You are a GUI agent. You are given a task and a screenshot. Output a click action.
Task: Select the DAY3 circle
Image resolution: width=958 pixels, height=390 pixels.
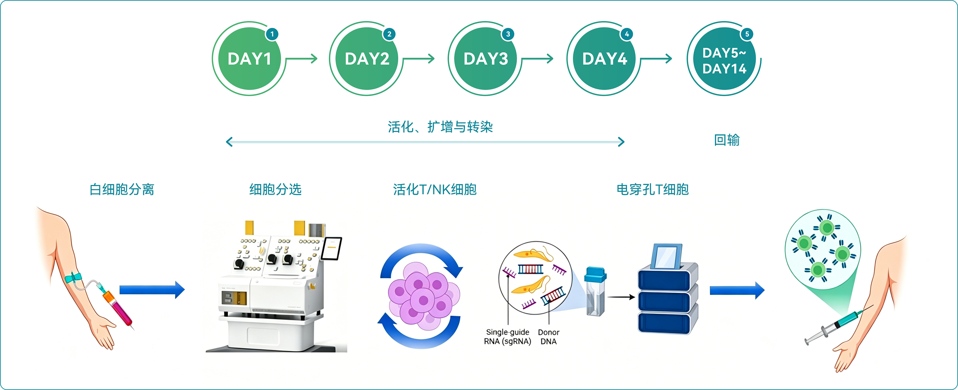(x=485, y=58)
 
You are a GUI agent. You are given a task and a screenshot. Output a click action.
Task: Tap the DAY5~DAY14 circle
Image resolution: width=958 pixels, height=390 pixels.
(x=724, y=58)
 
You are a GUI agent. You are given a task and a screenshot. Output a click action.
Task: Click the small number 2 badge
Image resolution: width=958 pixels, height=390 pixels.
(x=389, y=34)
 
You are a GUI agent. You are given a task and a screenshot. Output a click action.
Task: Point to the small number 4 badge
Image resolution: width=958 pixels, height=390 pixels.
(x=627, y=34)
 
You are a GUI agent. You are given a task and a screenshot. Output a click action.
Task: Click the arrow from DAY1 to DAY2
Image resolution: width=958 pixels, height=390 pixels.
(x=301, y=59)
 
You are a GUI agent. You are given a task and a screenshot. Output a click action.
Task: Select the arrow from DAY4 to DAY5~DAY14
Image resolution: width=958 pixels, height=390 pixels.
(x=656, y=59)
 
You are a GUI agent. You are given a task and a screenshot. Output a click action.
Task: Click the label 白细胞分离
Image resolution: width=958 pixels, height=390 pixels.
(x=122, y=190)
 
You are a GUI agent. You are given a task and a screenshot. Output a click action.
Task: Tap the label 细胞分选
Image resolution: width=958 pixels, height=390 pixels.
(x=275, y=190)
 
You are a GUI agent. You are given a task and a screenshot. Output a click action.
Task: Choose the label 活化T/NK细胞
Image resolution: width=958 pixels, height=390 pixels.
(x=435, y=190)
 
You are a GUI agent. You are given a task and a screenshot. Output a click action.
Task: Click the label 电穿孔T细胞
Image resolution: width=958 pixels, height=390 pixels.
(x=653, y=190)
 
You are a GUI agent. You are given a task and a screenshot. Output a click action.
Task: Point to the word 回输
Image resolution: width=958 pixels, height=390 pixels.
(x=727, y=140)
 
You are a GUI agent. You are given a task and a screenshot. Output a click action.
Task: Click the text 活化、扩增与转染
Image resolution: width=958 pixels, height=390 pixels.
(x=440, y=127)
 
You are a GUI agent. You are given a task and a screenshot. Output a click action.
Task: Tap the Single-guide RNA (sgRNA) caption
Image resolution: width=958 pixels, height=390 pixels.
(x=508, y=337)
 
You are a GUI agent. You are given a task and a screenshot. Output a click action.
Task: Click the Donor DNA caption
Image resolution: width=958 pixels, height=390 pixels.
(x=548, y=337)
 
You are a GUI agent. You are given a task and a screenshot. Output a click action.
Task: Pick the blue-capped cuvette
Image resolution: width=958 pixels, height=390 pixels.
(x=595, y=291)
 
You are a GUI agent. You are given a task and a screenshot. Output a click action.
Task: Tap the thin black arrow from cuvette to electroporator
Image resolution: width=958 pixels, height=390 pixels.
(x=621, y=297)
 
